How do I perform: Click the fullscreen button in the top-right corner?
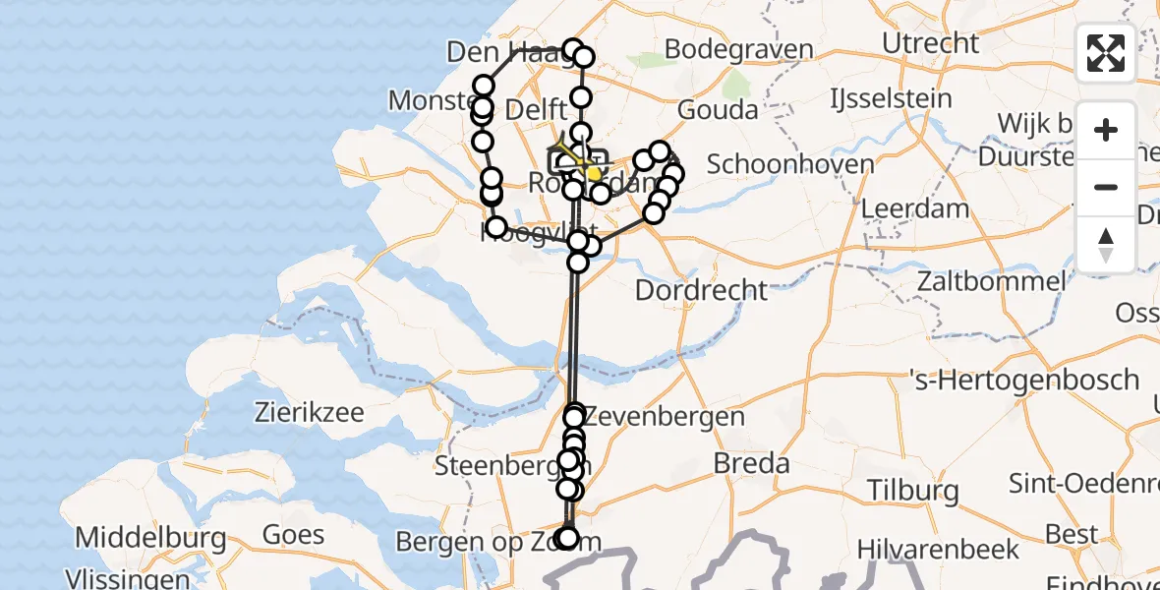1106,53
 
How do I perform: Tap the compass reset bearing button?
1106,245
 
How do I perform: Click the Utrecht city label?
930,43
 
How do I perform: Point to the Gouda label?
718,109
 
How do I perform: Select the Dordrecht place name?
701,290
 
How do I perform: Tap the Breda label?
751,463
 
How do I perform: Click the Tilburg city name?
913,490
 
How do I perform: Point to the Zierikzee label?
310,411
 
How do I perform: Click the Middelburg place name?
150,538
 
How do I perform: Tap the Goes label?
293,535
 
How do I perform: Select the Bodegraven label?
739,49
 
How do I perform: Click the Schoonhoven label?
790,163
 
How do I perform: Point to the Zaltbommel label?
991,281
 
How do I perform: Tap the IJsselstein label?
891,98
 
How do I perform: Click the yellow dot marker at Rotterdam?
594,174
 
